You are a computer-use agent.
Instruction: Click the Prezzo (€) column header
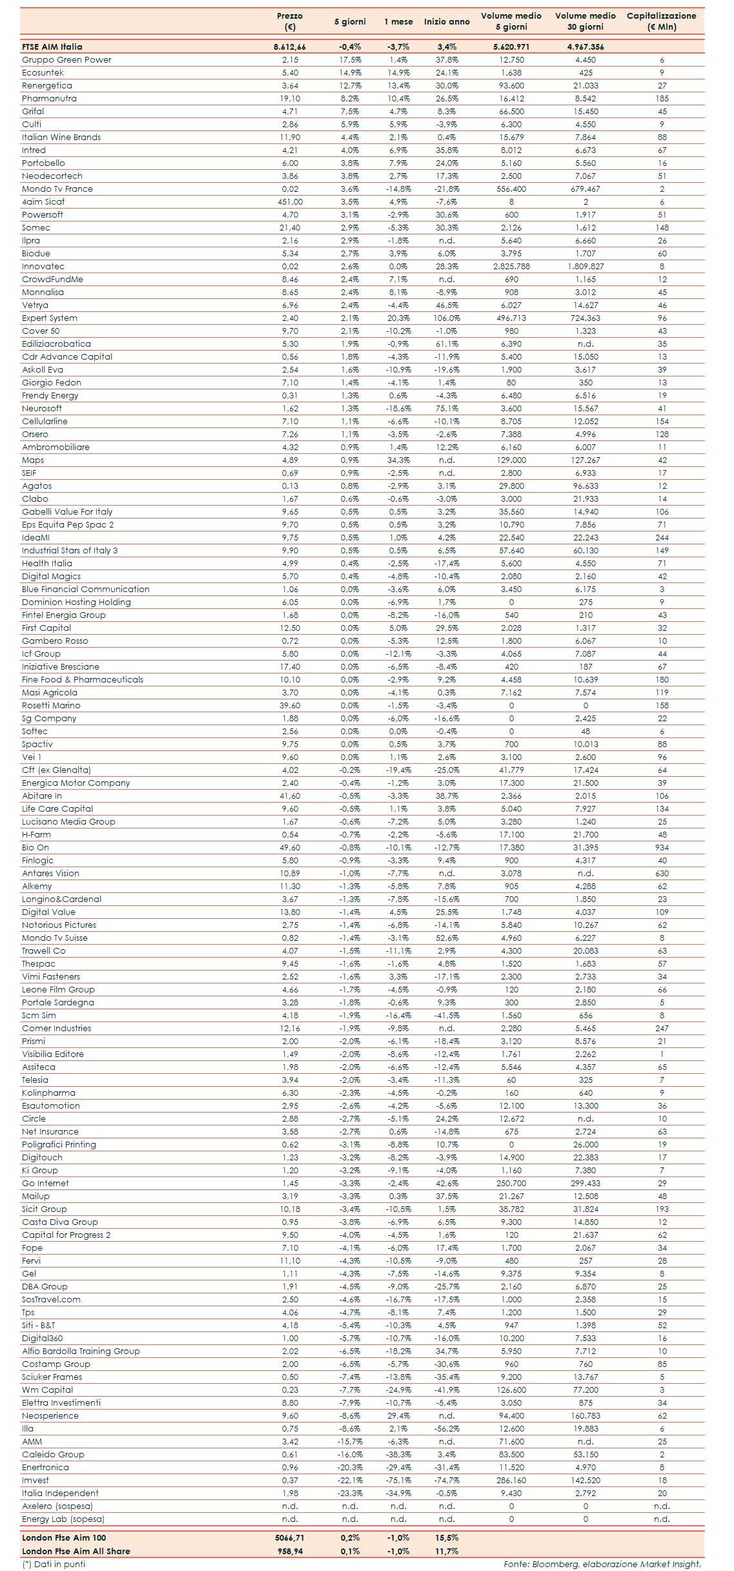(x=290, y=21)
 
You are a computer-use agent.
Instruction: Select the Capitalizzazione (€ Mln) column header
(x=661, y=21)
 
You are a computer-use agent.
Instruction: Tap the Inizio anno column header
(x=447, y=21)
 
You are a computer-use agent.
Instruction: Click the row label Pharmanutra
(x=49, y=99)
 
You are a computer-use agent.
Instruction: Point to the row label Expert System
(x=50, y=318)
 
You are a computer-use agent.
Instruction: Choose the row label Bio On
(x=36, y=848)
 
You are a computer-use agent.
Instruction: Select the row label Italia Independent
(x=60, y=1494)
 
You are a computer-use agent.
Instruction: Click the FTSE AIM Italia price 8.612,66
(x=290, y=47)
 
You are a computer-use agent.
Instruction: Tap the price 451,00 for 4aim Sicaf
(x=290, y=202)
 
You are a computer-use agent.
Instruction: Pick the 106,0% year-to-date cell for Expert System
(x=447, y=318)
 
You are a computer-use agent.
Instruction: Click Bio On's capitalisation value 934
(x=662, y=848)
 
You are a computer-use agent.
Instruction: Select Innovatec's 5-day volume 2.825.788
(x=511, y=267)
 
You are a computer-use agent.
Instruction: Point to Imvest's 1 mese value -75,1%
(x=398, y=1481)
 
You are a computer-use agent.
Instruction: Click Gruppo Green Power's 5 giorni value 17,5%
(x=351, y=60)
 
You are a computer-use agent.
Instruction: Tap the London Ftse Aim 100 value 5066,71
(x=290, y=1538)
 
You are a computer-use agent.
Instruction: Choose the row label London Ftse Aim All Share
(x=76, y=1551)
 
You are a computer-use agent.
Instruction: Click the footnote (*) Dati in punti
(x=54, y=1564)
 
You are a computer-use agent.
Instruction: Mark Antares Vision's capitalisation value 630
(x=662, y=874)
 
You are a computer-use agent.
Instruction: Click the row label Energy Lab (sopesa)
(x=63, y=1519)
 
